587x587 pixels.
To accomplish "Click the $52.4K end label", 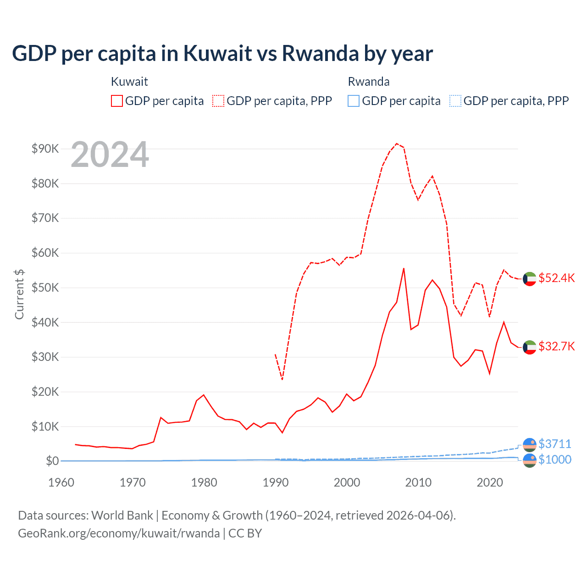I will click(556, 278).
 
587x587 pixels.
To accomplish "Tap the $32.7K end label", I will click(556, 346).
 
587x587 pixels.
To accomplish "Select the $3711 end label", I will click(554, 444).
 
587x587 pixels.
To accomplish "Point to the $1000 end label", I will click(554, 460).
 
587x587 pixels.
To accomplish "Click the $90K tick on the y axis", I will click(45, 149).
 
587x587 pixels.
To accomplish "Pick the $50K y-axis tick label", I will click(45, 288).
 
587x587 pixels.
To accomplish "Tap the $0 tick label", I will click(52, 461).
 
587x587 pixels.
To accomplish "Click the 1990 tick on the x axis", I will click(276, 482).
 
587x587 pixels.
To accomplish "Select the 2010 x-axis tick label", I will click(418, 482).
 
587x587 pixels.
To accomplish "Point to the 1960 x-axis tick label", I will click(61, 482).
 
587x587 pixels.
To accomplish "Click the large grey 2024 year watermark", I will click(110, 155).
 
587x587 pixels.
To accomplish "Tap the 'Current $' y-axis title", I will click(19, 294).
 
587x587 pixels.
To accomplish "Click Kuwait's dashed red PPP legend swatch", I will click(218, 101).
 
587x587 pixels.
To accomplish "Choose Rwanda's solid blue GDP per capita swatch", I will click(354, 101).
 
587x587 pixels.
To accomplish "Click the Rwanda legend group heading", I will click(369, 82).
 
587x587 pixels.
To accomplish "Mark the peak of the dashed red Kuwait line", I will click(397, 144).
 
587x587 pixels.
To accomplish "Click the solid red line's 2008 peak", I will click(404, 268).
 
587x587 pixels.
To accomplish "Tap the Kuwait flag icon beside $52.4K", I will click(530, 279).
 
